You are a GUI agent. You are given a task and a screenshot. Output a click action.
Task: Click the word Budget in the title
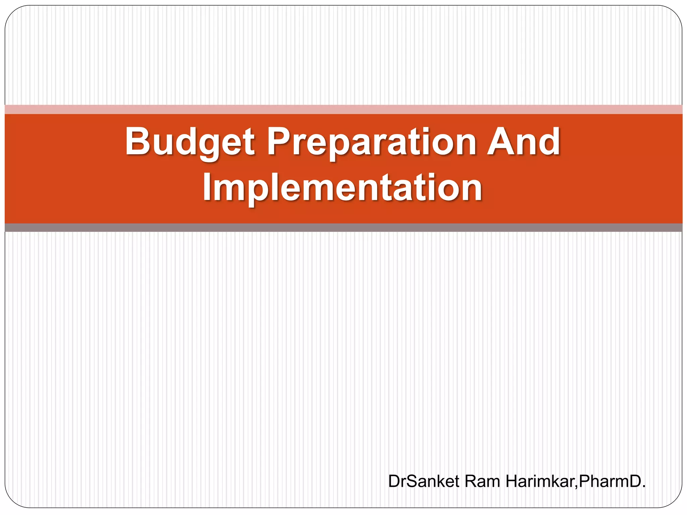click(x=190, y=142)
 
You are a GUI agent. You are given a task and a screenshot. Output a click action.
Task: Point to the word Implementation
click(x=342, y=188)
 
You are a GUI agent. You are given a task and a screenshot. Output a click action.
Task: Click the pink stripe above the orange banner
click(x=343, y=109)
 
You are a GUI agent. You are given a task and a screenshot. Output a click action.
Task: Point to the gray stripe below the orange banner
click(x=343, y=228)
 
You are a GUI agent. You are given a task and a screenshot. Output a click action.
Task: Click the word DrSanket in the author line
click(x=423, y=481)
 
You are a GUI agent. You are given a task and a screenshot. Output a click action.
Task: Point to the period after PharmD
click(x=643, y=487)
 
